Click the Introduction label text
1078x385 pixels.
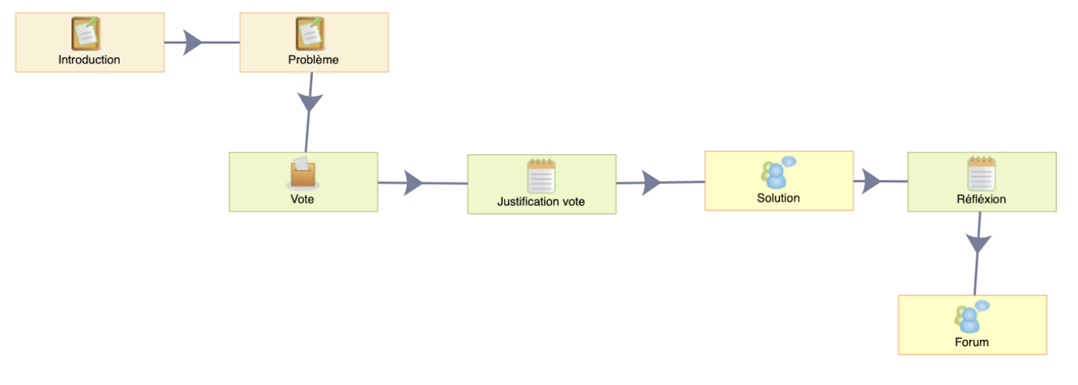(x=89, y=60)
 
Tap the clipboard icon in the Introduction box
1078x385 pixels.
(x=86, y=33)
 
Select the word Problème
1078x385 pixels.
(x=313, y=60)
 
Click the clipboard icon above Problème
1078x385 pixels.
(x=310, y=33)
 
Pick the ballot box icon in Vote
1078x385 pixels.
(x=303, y=172)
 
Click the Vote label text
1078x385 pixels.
(x=303, y=199)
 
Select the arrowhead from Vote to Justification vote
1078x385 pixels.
(x=413, y=183)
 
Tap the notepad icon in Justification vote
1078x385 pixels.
(x=541, y=175)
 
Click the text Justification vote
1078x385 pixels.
(x=541, y=202)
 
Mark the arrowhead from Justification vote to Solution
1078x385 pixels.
(x=652, y=183)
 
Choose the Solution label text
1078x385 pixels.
(x=778, y=198)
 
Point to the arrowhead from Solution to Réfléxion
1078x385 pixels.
(x=871, y=181)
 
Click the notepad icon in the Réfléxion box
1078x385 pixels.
(x=982, y=174)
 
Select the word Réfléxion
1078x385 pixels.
(x=981, y=199)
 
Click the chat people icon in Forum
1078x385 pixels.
(x=972, y=316)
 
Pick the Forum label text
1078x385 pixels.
(x=972, y=342)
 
